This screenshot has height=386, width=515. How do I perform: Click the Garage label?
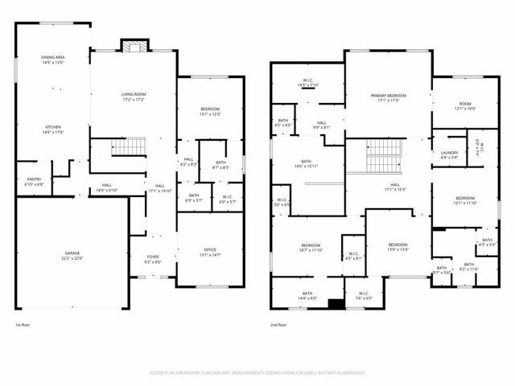(x=72, y=256)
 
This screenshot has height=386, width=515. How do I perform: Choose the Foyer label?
(x=152, y=259)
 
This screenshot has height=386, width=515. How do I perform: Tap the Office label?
(x=208, y=252)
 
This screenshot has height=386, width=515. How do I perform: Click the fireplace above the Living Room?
(x=130, y=45)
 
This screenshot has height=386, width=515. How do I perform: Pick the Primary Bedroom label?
(x=389, y=98)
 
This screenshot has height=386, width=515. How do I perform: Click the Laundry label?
(x=449, y=154)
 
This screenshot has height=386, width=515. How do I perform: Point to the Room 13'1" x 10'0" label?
(x=465, y=105)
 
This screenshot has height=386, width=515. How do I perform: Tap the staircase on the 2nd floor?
(x=384, y=154)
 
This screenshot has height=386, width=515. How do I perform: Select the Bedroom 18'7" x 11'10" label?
(x=311, y=248)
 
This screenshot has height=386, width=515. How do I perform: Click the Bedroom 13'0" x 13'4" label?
(x=398, y=247)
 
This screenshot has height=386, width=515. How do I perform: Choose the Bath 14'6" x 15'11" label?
(x=306, y=164)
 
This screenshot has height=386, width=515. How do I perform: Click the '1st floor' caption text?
(x=24, y=326)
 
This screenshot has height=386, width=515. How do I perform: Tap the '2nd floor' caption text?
(x=279, y=326)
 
